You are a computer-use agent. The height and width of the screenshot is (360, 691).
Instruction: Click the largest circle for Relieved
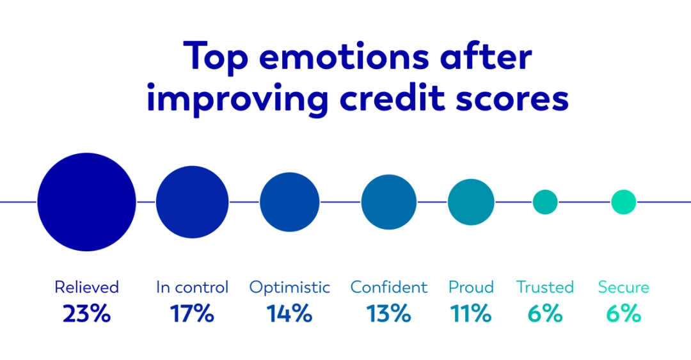[x=86, y=202]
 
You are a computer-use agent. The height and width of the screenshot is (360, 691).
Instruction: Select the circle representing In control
[x=192, y=202]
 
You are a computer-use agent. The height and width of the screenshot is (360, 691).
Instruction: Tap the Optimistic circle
[x=289, y=202]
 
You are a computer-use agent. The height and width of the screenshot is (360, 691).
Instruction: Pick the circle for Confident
[x=388, y=202]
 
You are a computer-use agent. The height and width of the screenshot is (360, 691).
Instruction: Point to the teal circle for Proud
[x=471, y=202]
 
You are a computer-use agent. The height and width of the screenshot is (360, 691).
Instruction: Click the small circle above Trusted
[x=545, y=202]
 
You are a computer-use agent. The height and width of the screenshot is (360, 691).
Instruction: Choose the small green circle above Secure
[x=623, y=202]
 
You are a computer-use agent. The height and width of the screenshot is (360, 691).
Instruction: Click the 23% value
[x=86, y=314]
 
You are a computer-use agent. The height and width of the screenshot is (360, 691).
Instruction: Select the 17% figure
[x=192, y=314]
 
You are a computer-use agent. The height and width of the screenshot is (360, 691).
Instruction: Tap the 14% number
[x=289, y=314]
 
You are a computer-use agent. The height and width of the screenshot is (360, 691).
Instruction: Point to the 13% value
[x=388, y=314]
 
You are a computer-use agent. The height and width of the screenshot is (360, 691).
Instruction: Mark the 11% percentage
[x=471, y=314]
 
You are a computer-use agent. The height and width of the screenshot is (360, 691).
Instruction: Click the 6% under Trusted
[x=545, y=314]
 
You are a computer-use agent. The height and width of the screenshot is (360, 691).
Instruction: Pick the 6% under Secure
[x=623, y=314]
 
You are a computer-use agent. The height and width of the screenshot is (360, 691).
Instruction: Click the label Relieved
[x=86, y=288]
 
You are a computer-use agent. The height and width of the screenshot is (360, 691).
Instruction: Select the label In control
[x=192, y=288]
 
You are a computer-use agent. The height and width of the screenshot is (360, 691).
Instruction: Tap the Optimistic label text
[x=289, y=288]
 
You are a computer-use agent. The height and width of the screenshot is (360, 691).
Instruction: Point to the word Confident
[x=388, y=288]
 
